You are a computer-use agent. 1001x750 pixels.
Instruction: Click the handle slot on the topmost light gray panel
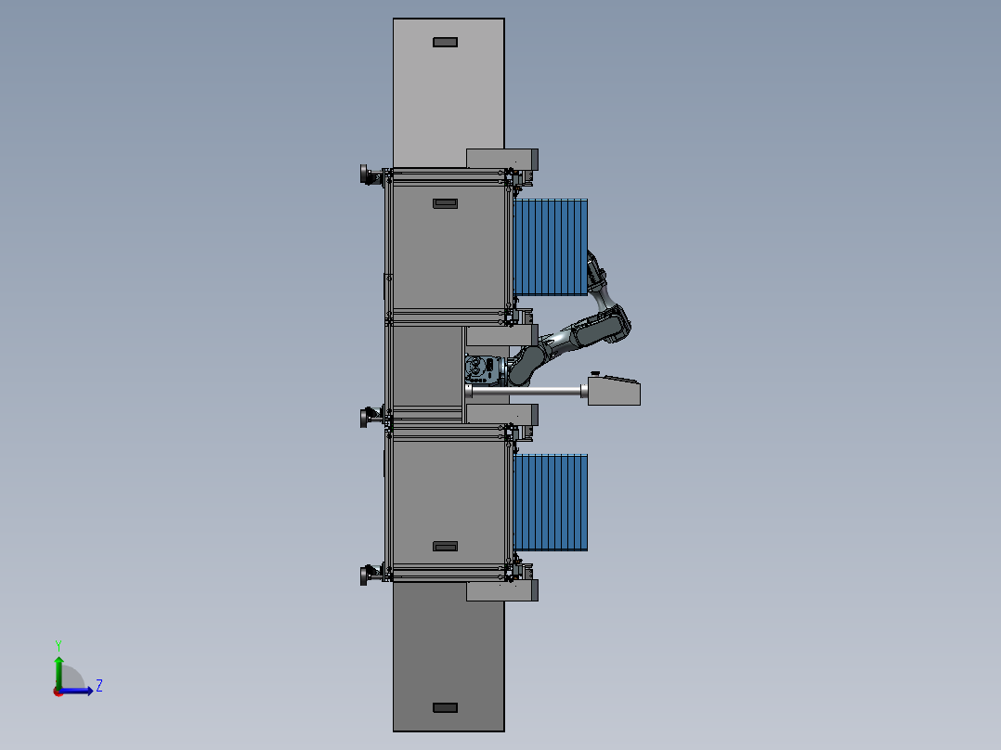pyautogui.click(x=445, y=42)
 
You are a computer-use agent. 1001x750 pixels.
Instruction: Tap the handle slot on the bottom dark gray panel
pyautogui.click(x=445, y=708)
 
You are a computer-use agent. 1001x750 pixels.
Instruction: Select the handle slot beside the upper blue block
pyautogui.click(x=445, y=203)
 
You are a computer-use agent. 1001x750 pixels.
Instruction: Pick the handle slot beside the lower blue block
pyautogui.click(x=445, y=547)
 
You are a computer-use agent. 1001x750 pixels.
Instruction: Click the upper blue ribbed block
pyautogui.click(x=551, y=247)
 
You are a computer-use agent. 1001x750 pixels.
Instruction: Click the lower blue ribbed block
pyautogui.click(x=551, y=502)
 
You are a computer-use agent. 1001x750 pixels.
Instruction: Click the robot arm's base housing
pyautogui.click(x=485, y=370)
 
